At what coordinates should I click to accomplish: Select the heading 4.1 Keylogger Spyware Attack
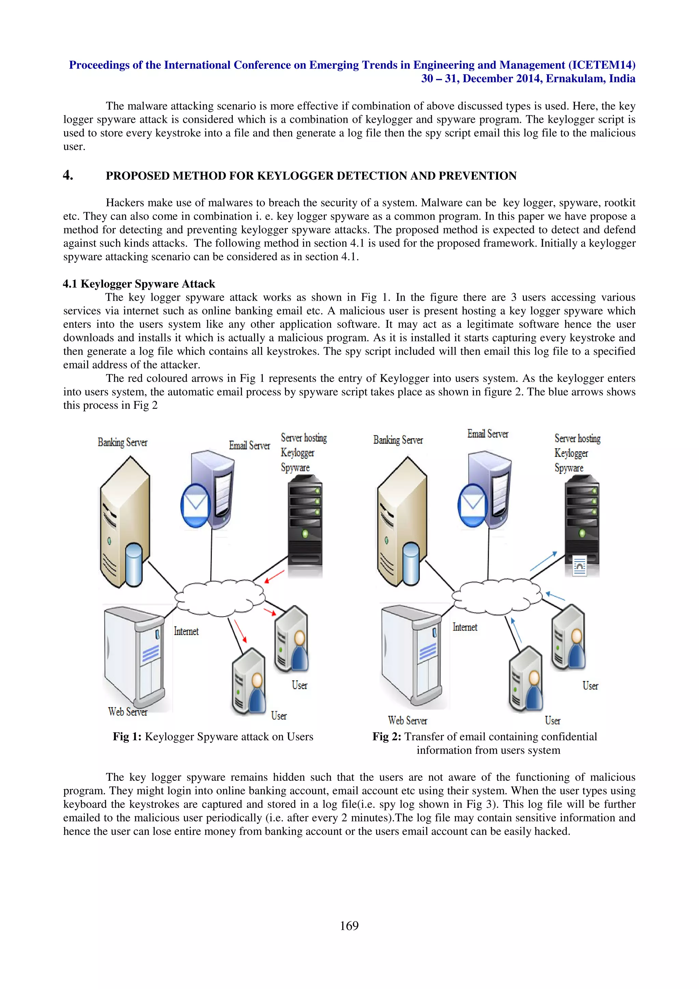pyautogui.click(x=139, y=284)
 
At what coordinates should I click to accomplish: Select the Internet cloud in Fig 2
pyautogui.click(x=497, y=596)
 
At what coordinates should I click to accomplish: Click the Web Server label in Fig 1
pyautogui.click(x=128, y=712)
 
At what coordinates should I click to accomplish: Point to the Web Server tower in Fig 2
pyautogui.click(x=411, y=655)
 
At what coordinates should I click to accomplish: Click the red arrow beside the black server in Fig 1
pyautogui.click(x=274, y=576)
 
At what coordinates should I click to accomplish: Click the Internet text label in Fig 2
pyautogui.click(x=465, y=627)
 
